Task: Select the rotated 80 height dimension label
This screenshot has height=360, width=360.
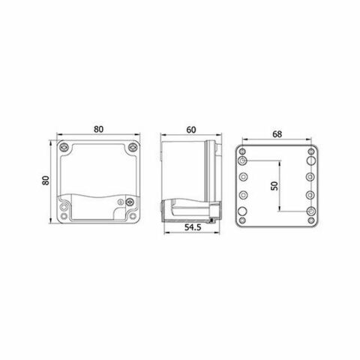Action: coord(46,181)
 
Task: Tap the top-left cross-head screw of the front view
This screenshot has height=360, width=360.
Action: coord(65,147)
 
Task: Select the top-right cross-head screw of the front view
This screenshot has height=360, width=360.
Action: coord(133,147)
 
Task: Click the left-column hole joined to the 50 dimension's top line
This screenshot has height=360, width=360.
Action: coord(243,160)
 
